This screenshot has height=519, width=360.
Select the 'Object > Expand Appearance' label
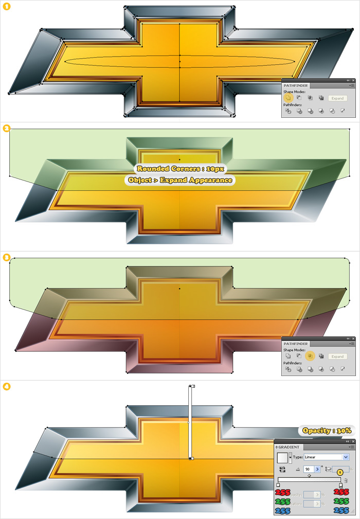click(179, 180)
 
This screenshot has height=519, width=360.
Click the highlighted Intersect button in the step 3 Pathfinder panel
click(310, 355)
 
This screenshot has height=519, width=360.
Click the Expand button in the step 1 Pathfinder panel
click(337, 98)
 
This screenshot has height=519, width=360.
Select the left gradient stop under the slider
click(278, 485)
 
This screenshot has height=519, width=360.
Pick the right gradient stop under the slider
click(340, 485)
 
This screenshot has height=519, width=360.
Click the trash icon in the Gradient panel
click(346, 480)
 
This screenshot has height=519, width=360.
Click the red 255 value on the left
click(283, 492)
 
